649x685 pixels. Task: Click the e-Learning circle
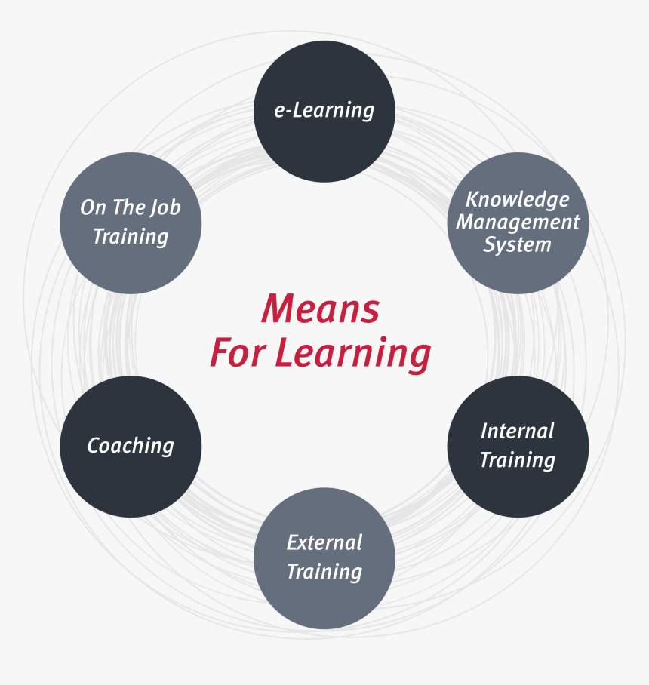(x=324, y=112)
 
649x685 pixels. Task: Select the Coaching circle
(x=131, y=447)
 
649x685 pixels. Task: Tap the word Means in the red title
(x=320, y=309)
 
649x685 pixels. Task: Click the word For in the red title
(x=238, y=352)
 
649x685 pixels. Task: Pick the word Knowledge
(x=518, y=200)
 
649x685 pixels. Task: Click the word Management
(x=518, y=223)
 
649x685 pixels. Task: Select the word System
(x=518, y=245)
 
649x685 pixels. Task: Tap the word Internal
(x=518, y=432)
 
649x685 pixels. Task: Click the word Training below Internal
(x=518, y=460)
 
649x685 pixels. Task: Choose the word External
(x=324, y=543)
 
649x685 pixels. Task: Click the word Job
(x=165, y=208)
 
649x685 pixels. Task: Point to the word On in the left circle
(x=93, y=207)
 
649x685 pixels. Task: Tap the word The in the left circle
(x=128, y=207)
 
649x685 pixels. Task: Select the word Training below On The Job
(x=131, y=237)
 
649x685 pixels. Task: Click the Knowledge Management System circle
(x=518, y=223)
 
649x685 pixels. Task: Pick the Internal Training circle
(x=518, y=447)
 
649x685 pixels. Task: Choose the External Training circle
(x=324, y=558)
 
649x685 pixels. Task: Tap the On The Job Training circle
(x=131, y=223)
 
